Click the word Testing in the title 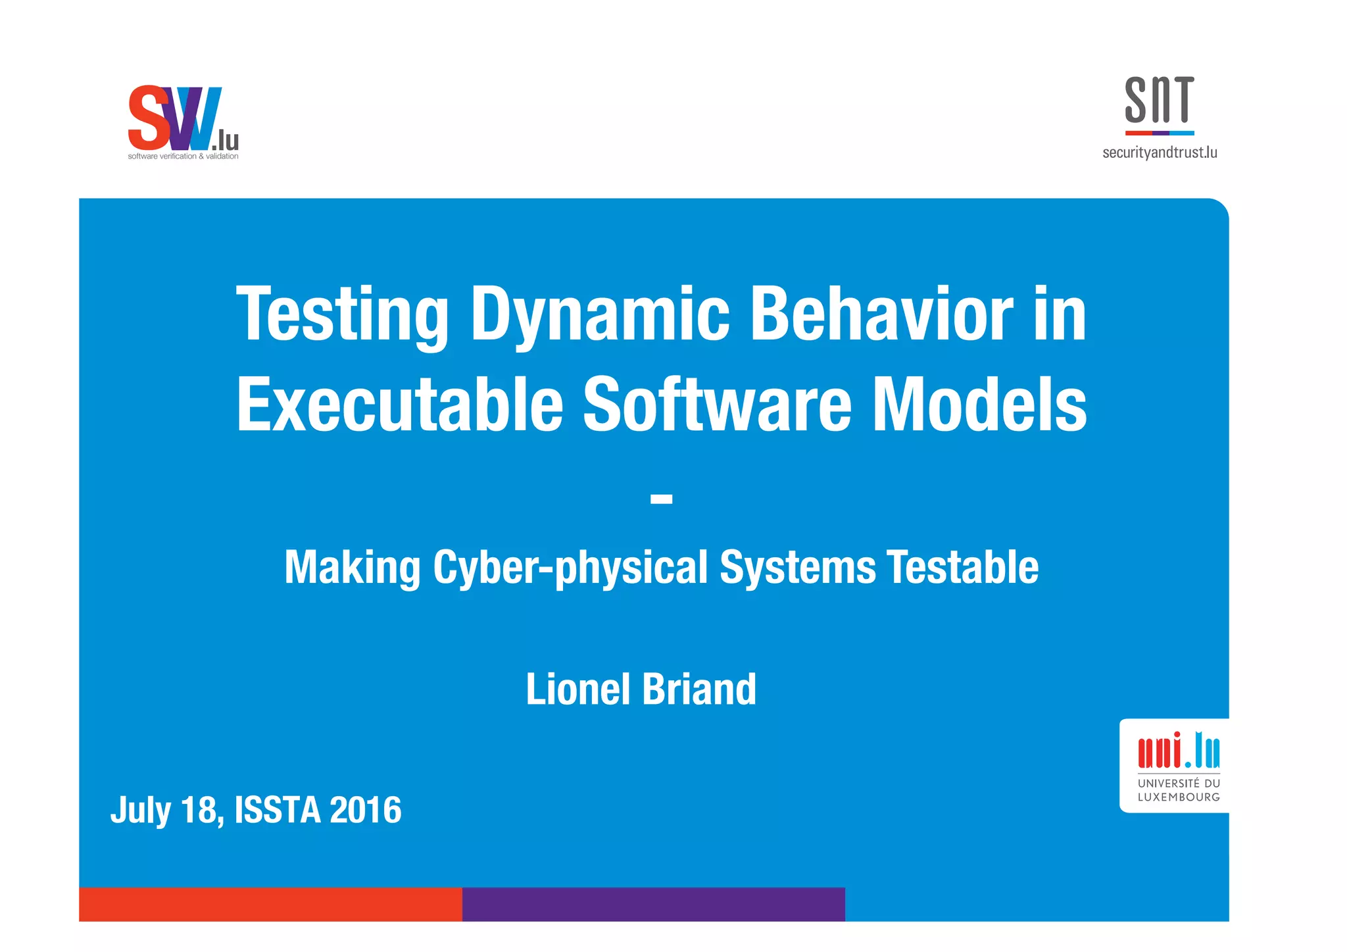[x=342, y=316]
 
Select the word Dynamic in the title [x=599, y=316]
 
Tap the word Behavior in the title [x=881, y=316]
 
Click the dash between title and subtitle [x=661, y=499]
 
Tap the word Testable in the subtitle [x=962, y=567]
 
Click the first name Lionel [x=578, y=689]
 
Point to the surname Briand [x=698, y=689]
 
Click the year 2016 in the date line [x=365, y=809]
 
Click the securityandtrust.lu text [x=1160, y=153]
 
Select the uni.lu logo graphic [x=1179, y=751]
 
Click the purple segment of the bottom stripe [x=653, y=904]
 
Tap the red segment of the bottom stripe [x=270, y=904]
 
